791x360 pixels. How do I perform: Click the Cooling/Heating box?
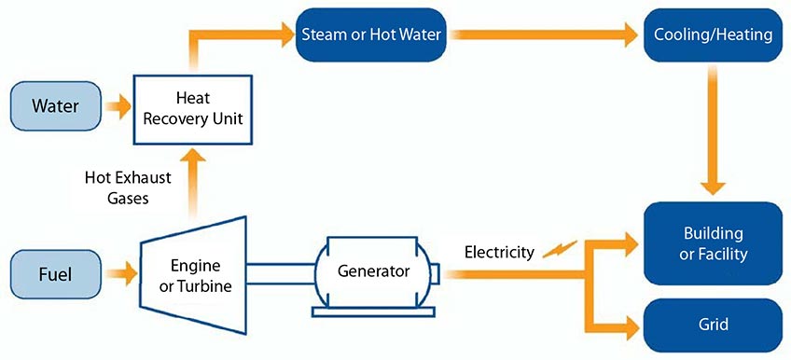click(714, 35)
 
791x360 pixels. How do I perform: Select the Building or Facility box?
click(714, 243)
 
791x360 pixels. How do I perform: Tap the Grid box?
click(714, 325)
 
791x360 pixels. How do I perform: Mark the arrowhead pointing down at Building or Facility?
click(714, 186)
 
